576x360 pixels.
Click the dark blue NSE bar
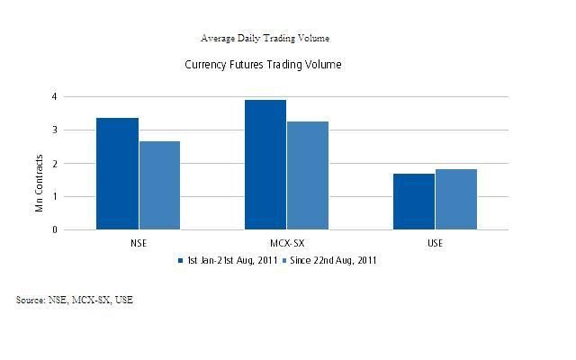pos(117,174)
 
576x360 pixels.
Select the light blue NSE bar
pos(159,185)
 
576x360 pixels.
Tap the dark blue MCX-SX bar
pos(265,165)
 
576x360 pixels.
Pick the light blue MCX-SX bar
pos(307,175)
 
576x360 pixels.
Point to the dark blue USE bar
pos(413,202)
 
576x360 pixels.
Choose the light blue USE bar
pos(455,199)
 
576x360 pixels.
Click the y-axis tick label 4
pos(54,96)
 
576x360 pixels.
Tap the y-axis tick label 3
pos(54,130)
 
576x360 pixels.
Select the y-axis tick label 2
pos(54,163)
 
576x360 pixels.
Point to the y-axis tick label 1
pos(54,196)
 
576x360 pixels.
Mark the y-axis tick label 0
pos(54,229)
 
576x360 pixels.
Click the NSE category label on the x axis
pos(139,243)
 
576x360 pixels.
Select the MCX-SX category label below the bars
pos(286,243)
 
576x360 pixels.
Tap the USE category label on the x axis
pos(435,243)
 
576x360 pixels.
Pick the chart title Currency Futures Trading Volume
pos(263,65)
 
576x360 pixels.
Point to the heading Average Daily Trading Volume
pos(265,39)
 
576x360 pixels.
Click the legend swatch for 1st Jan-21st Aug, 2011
pos(182,261)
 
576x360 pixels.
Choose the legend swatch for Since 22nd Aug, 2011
pos(286,261)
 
